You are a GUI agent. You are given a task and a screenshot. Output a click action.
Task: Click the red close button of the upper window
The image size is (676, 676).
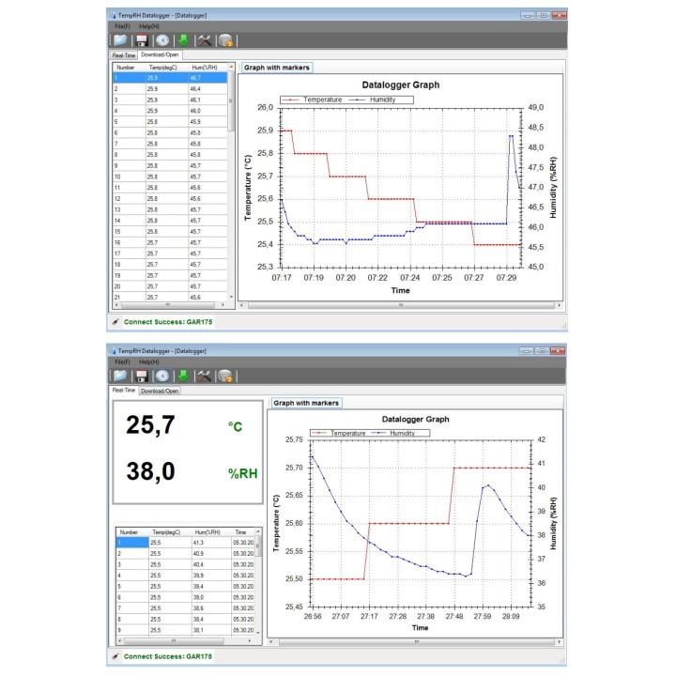coord(560,16)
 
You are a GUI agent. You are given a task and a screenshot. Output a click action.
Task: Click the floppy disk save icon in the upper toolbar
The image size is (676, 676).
coord(142,40)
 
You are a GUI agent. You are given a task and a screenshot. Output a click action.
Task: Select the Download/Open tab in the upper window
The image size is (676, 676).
coord(160,55)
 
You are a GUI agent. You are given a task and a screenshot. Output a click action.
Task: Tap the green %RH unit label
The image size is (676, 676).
coord(242,473)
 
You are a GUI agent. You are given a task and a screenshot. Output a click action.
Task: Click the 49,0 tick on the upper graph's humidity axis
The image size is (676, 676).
coord(536,107)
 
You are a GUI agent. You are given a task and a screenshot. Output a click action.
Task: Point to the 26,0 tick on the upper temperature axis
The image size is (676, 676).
coord(264,107)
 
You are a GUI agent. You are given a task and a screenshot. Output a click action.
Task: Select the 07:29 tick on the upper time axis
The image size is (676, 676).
coord(507,278)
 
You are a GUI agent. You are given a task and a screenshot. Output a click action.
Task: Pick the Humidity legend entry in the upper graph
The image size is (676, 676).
coord(376,98)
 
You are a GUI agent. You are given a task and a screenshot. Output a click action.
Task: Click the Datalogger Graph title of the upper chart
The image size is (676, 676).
coord(400,85)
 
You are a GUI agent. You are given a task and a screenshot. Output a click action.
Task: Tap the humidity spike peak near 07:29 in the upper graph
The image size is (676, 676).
coord(511,135)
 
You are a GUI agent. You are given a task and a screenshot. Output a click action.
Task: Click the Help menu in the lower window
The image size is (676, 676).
coord(148,361)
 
